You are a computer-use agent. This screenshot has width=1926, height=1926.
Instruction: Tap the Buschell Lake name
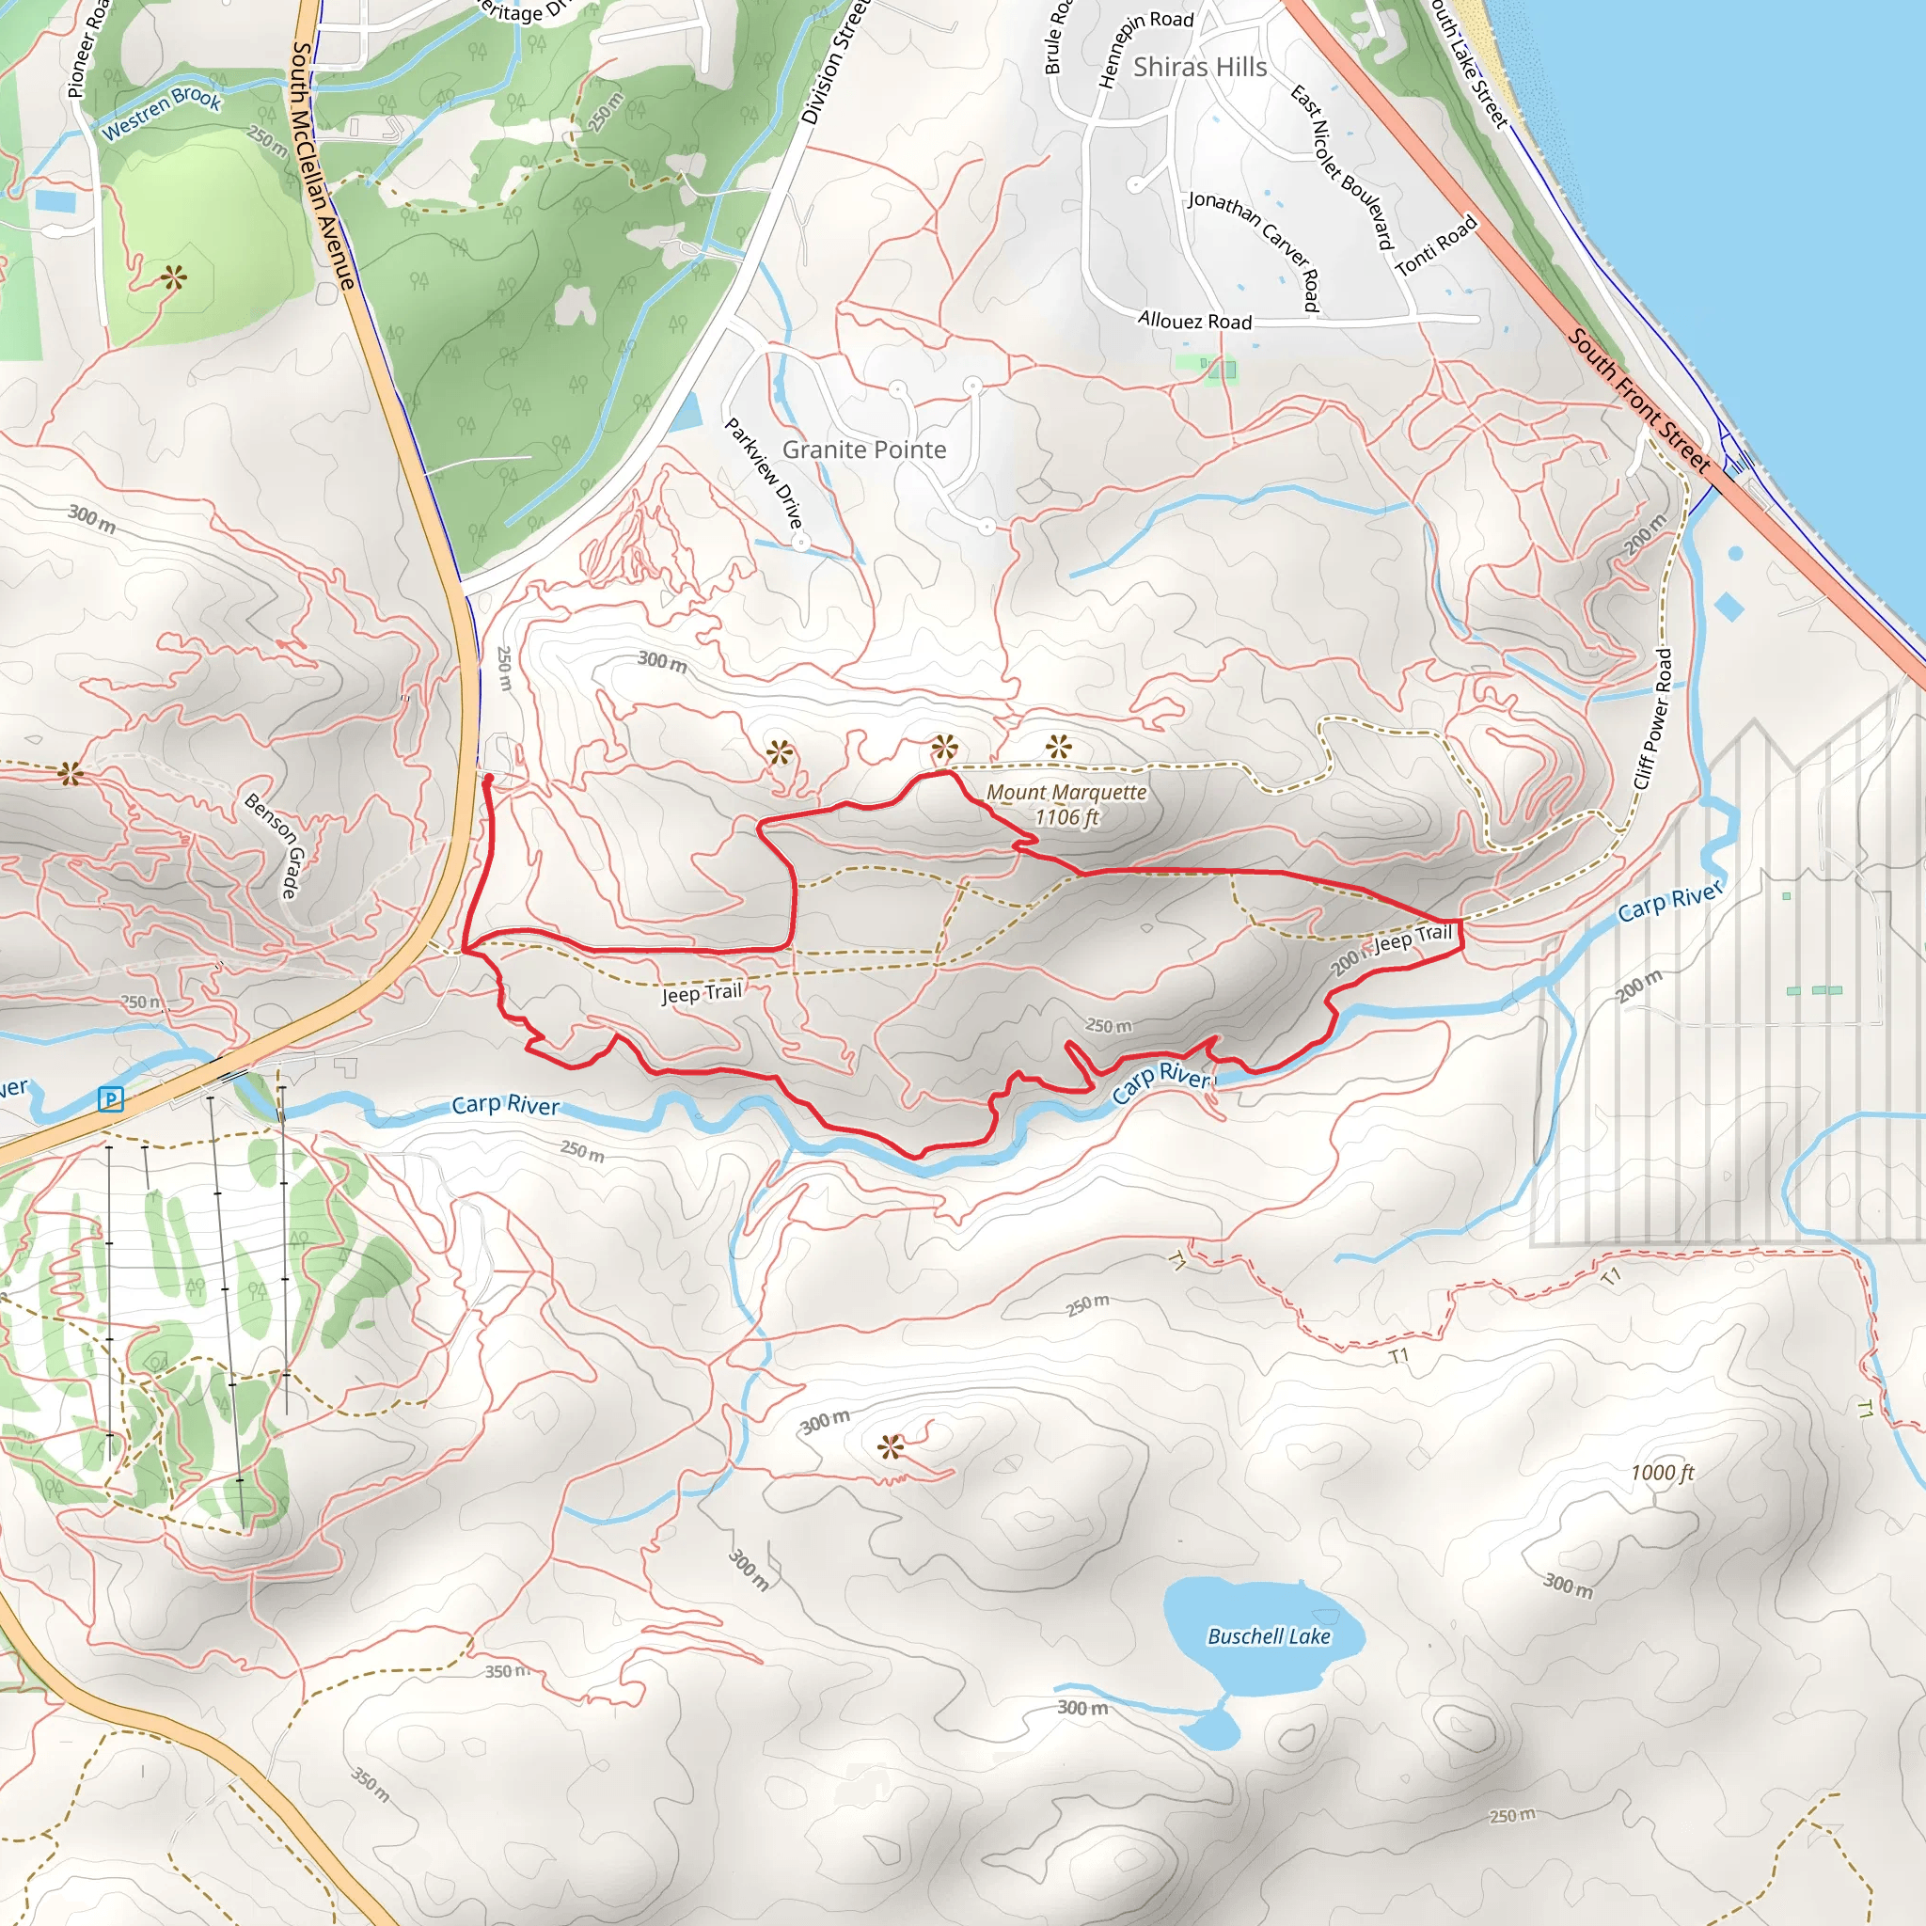coord(1268,1636)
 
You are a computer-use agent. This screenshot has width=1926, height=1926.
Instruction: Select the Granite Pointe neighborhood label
coord(863,450)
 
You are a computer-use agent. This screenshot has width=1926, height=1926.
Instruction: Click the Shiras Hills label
coord(1199,67)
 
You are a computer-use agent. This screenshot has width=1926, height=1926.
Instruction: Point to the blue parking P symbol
coord(111,1099)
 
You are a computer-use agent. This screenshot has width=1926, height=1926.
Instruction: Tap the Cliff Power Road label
coord(1655,718)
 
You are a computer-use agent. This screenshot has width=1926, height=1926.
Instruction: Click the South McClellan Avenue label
coord(323,165)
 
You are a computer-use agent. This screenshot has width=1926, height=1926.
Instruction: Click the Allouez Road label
coord(1194,321)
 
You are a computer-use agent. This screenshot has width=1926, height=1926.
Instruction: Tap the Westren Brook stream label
coord(162,112)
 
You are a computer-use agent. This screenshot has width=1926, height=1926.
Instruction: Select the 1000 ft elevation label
coord(1662,1474)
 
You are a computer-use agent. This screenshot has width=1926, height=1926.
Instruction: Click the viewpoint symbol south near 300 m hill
coord(892,1446)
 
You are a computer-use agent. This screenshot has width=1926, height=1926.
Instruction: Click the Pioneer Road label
coord(87,50)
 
